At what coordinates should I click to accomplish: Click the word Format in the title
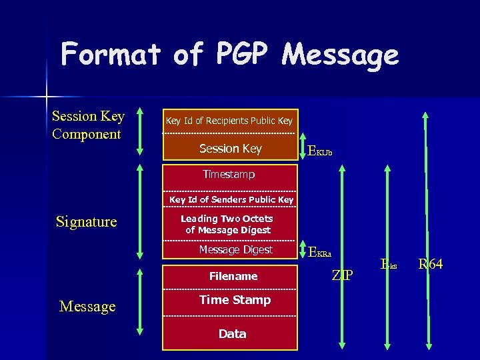tap(111, 55)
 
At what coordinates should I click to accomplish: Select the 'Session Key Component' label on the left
tap(88, 125)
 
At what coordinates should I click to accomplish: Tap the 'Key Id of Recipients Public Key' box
tap(229, 121)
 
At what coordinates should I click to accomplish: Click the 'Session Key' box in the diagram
tap(230, 149)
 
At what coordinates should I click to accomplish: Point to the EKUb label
tap(320, 151)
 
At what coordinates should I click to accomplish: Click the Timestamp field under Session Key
tap(229, 174)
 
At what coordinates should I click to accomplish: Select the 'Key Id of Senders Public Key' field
tap(231, 199)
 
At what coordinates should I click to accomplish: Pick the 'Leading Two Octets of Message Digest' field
tap(227, 224)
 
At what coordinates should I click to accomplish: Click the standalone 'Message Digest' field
tap(235, 249)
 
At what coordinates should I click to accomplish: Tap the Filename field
tap(233, 276)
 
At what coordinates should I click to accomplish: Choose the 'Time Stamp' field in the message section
tap(235, 300)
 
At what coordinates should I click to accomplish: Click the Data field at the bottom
tap(232, 333)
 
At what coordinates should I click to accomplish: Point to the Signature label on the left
tap(86, 221)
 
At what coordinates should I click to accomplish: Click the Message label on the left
tap(87, 306)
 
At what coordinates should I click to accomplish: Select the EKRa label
tap(320, 252)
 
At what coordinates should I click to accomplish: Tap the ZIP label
tap(343, 275)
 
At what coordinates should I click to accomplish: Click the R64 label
tap(430, 265)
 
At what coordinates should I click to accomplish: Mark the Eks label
tap(389, 265)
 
